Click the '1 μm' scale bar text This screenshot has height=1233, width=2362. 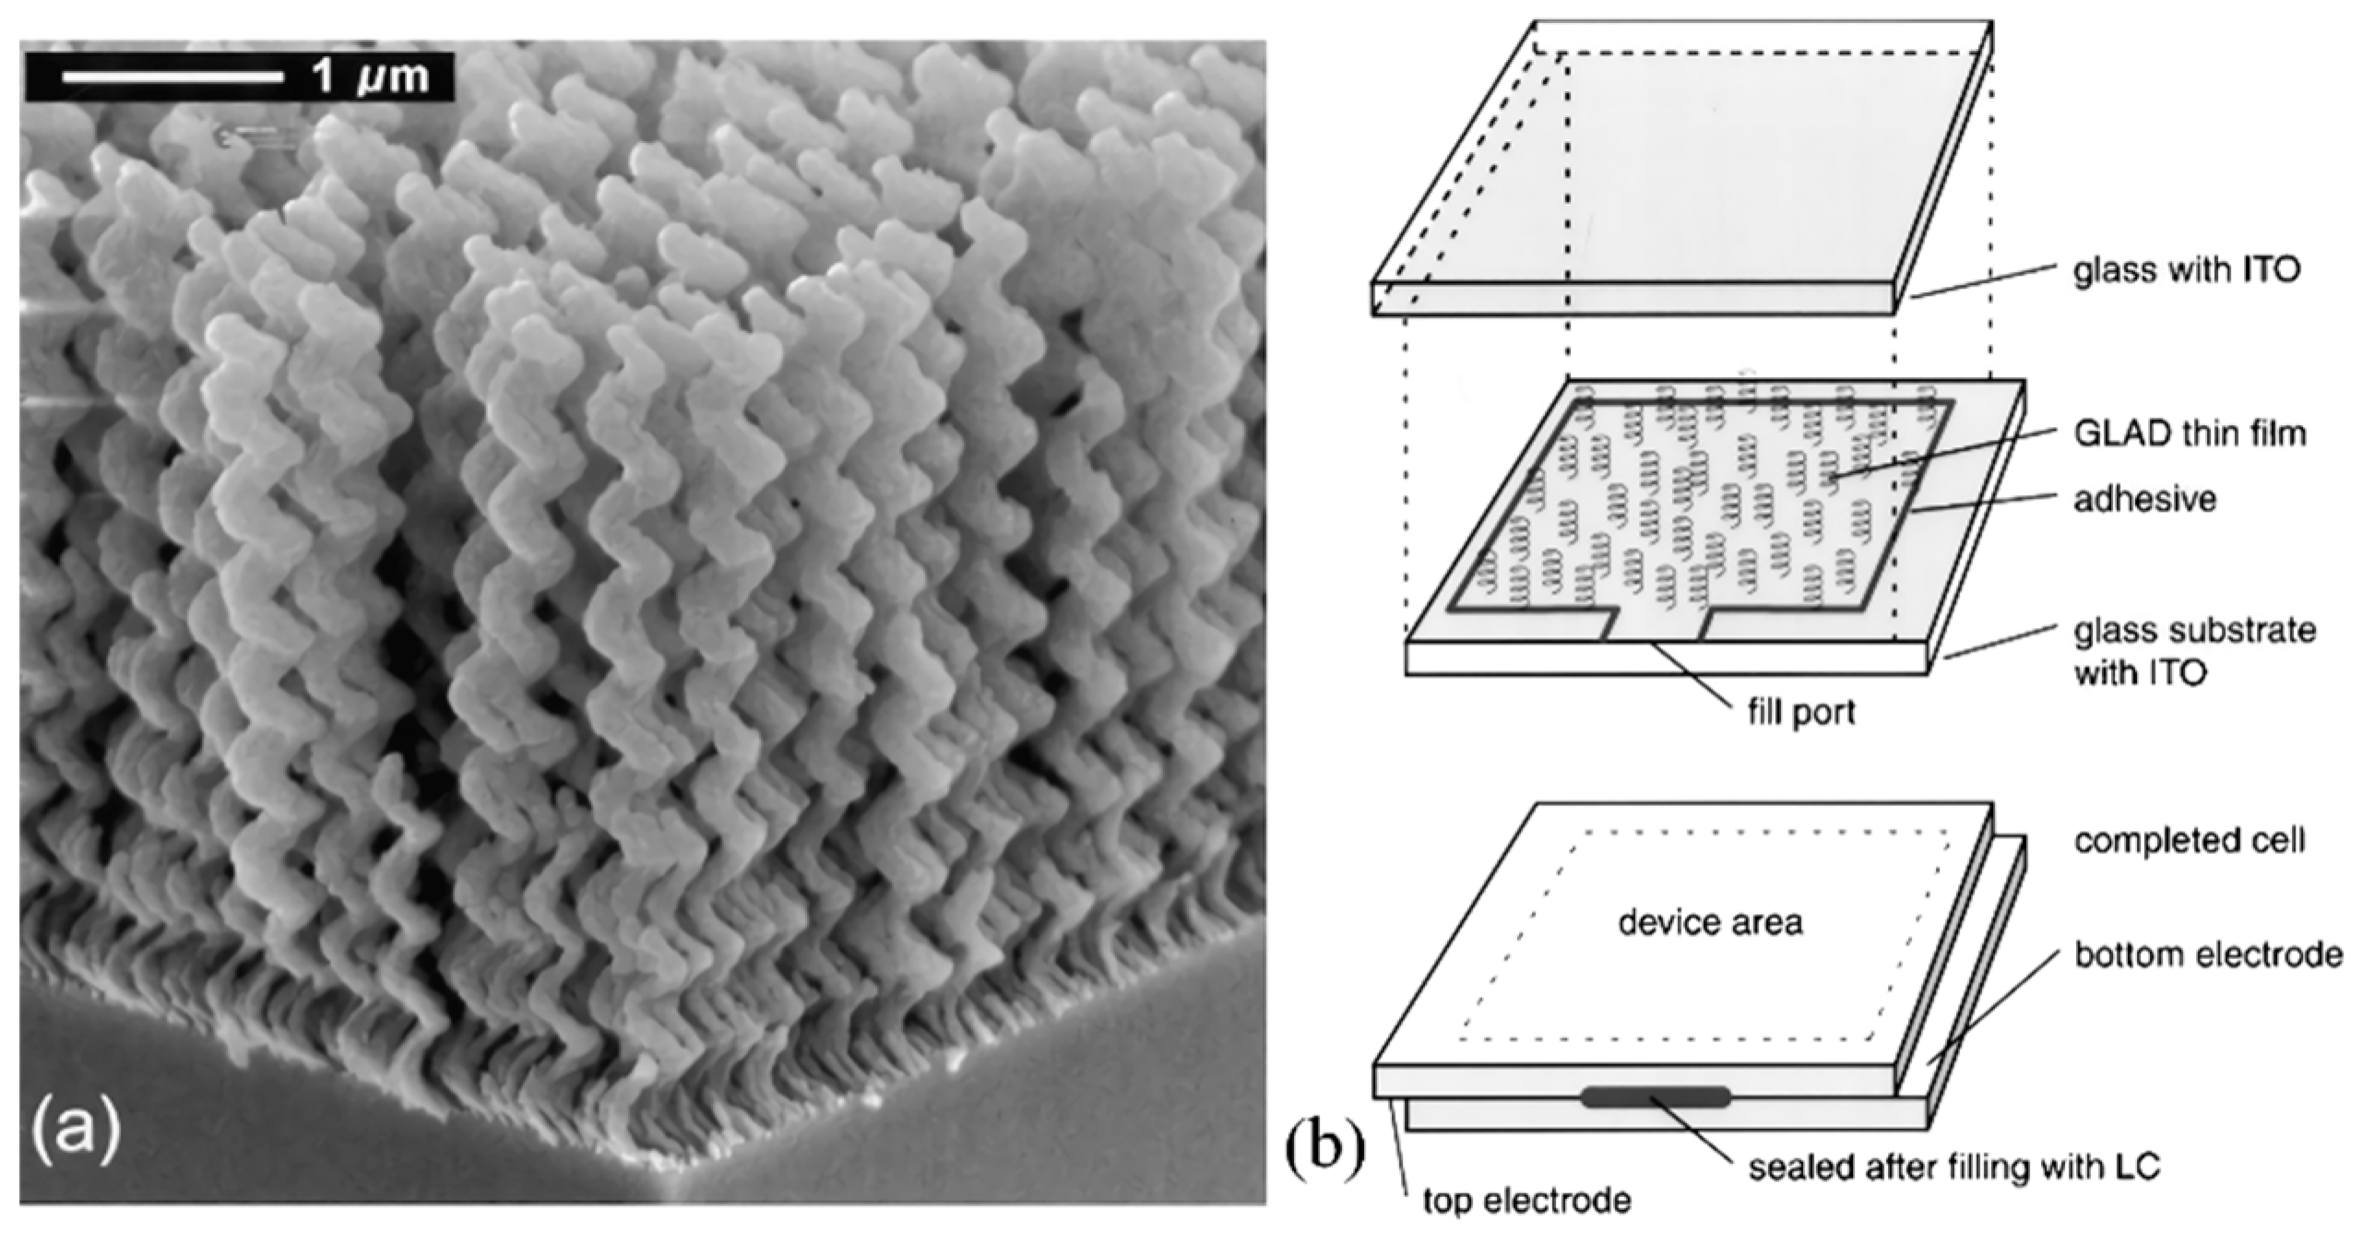click(371, 76)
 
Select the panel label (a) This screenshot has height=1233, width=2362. click(76, 1131)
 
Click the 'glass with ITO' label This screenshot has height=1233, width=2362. click(2187, 270)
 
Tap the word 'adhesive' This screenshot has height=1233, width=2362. click(2143, 499)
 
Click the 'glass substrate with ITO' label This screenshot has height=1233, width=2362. click(2194, 651)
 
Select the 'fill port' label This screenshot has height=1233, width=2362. click(1801, 712)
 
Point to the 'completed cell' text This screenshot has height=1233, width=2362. click(2189, 840)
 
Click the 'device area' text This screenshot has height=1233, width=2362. click(1710, 922)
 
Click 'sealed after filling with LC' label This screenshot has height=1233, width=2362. click(1954, 1168)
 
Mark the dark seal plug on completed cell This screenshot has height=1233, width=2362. click(1656, 1097)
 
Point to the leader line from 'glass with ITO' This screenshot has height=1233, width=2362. click(1983, 281)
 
